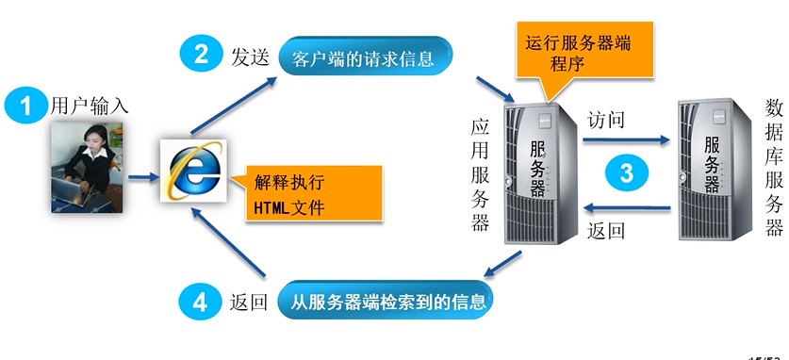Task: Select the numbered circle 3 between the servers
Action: (627, 172)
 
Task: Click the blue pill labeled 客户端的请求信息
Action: (364, 58)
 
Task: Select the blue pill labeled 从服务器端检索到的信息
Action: (386, 302)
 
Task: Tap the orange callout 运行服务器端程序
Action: (575, 53)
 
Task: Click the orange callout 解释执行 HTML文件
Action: (309, 193)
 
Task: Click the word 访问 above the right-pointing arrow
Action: (606, 121)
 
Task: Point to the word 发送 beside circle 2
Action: (251, 56)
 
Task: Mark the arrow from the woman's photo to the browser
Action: (142, 175)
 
